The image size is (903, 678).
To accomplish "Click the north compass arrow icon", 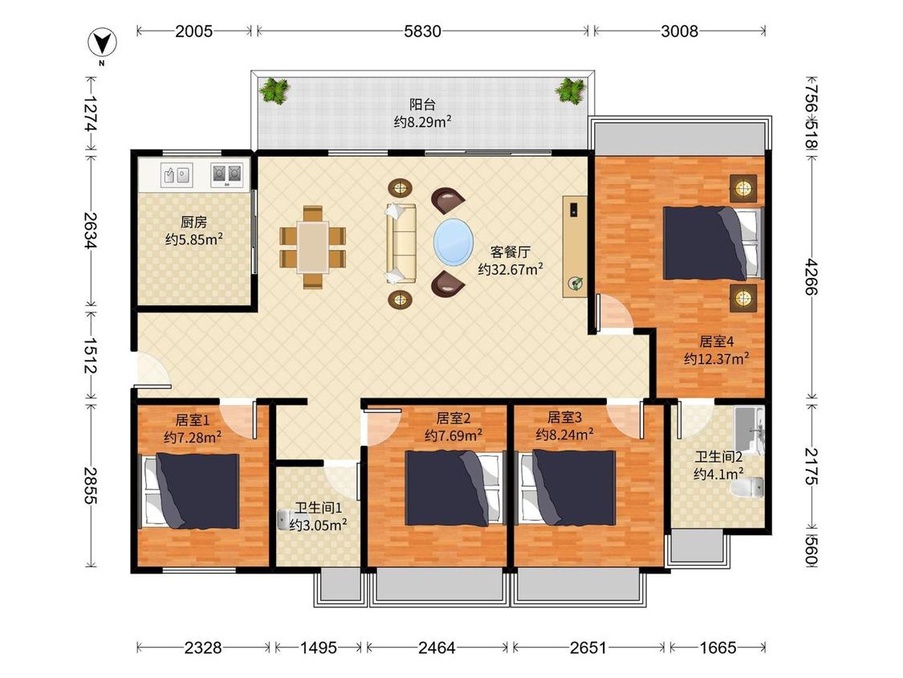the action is [x=102, y=43].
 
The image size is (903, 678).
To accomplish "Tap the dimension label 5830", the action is [x=422, y=31].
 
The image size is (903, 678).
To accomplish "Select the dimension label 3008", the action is [x=679, y=31].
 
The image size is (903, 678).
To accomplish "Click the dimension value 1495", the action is [x=319, y=648].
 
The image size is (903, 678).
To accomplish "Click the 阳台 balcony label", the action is [x=422, y=104].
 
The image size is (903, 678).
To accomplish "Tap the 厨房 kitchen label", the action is [x=193, y=222].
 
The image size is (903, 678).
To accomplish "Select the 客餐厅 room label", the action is [x=510, y=252].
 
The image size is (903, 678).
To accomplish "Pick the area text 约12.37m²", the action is [x=717, y=358].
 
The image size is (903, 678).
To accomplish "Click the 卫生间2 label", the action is [x=718, y=456].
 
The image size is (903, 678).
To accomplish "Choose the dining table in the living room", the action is [x=313, y=247].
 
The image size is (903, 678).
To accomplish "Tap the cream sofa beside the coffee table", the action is [x=401, y=243].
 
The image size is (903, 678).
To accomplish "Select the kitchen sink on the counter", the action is [x=177, y=174].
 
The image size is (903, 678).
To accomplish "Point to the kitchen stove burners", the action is [x=226, y=174].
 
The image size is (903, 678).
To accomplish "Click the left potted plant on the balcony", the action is [x=275, y=91].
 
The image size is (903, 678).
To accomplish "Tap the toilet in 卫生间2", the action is [x=747, y=487].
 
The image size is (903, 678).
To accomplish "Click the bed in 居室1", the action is [x=190, y=491].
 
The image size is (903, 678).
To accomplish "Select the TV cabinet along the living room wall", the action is [x=575, y=247].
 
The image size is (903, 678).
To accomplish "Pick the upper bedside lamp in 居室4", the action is [x=743, y=187].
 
